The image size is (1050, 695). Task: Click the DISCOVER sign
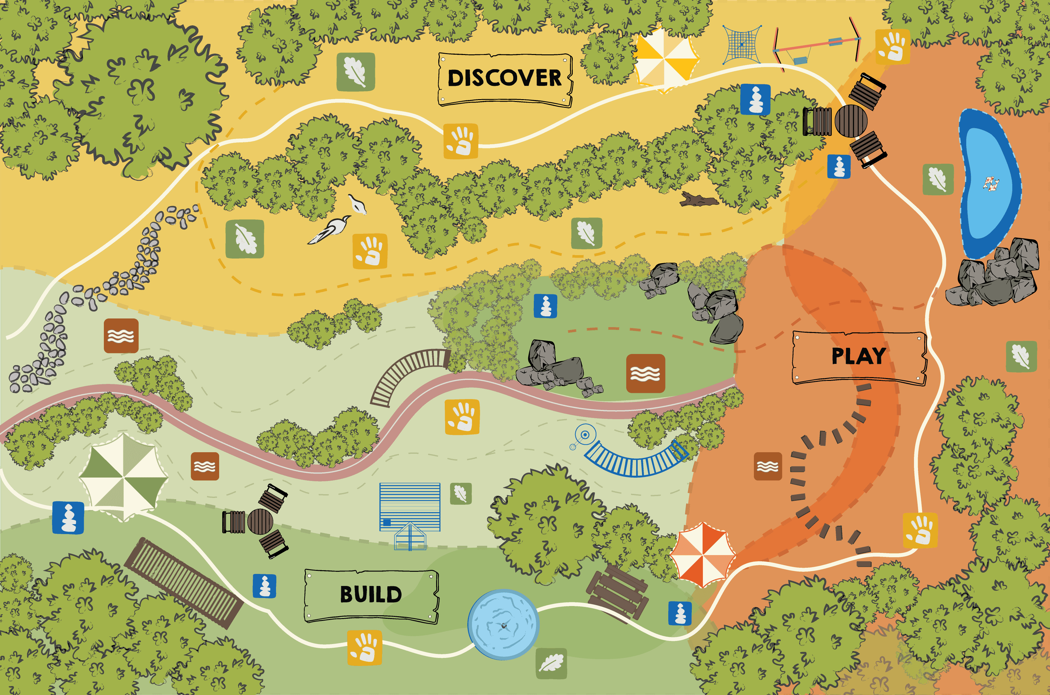(505, 79)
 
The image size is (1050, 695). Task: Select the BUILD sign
(371, 595)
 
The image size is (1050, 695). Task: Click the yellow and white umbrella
(665, 58)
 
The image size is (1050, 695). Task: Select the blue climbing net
(742, 44)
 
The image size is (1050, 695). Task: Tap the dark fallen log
(698, 200)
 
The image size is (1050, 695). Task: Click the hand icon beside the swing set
(893, 47)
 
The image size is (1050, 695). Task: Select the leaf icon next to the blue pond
(938, 179)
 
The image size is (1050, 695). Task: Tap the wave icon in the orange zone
(767, 466)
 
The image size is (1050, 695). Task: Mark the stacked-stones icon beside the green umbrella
(68, 518)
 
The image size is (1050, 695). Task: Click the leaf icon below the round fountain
(551, 663)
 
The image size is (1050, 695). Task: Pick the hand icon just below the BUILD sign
(364, 647)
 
